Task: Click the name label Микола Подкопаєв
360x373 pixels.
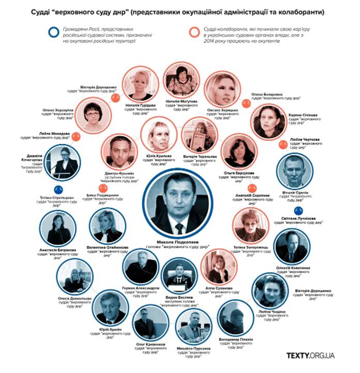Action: tap(177, 241)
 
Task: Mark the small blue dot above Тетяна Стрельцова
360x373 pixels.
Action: tap(59, 189)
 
